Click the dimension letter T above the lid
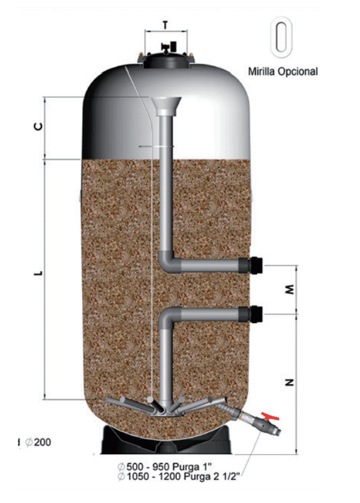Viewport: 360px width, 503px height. pos(166,25)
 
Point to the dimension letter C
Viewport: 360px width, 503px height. pos(38,127)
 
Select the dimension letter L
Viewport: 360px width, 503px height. pos(38,273)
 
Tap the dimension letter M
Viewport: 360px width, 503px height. pos(289,290)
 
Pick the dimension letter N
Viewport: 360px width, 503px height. pos(289,382)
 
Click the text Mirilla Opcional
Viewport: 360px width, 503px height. pos(283,71)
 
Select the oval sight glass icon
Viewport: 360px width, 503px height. pos(281,37)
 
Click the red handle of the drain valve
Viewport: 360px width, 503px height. pos(270,416)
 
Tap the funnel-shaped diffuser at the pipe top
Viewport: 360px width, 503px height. pos(166,106)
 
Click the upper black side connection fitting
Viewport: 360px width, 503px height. pos(251,265)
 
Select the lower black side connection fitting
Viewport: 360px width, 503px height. pos(251,314)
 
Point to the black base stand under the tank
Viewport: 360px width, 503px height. pos(166,441)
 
